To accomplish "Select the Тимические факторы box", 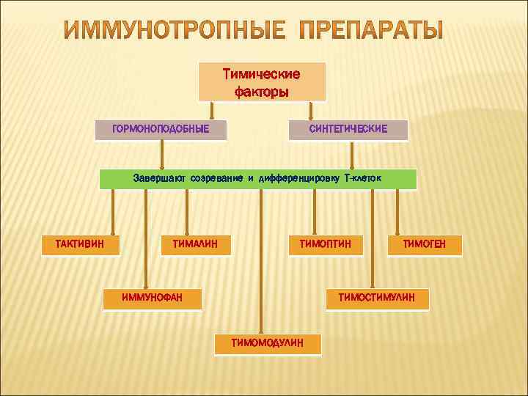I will click(262, 82).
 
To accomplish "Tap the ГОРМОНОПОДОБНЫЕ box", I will click(161, 130).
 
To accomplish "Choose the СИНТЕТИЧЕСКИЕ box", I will click(348, 130).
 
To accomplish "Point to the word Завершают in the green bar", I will click(160, 178).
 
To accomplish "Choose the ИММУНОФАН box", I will click(152, 298).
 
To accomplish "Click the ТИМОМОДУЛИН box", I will click(267, 343).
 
